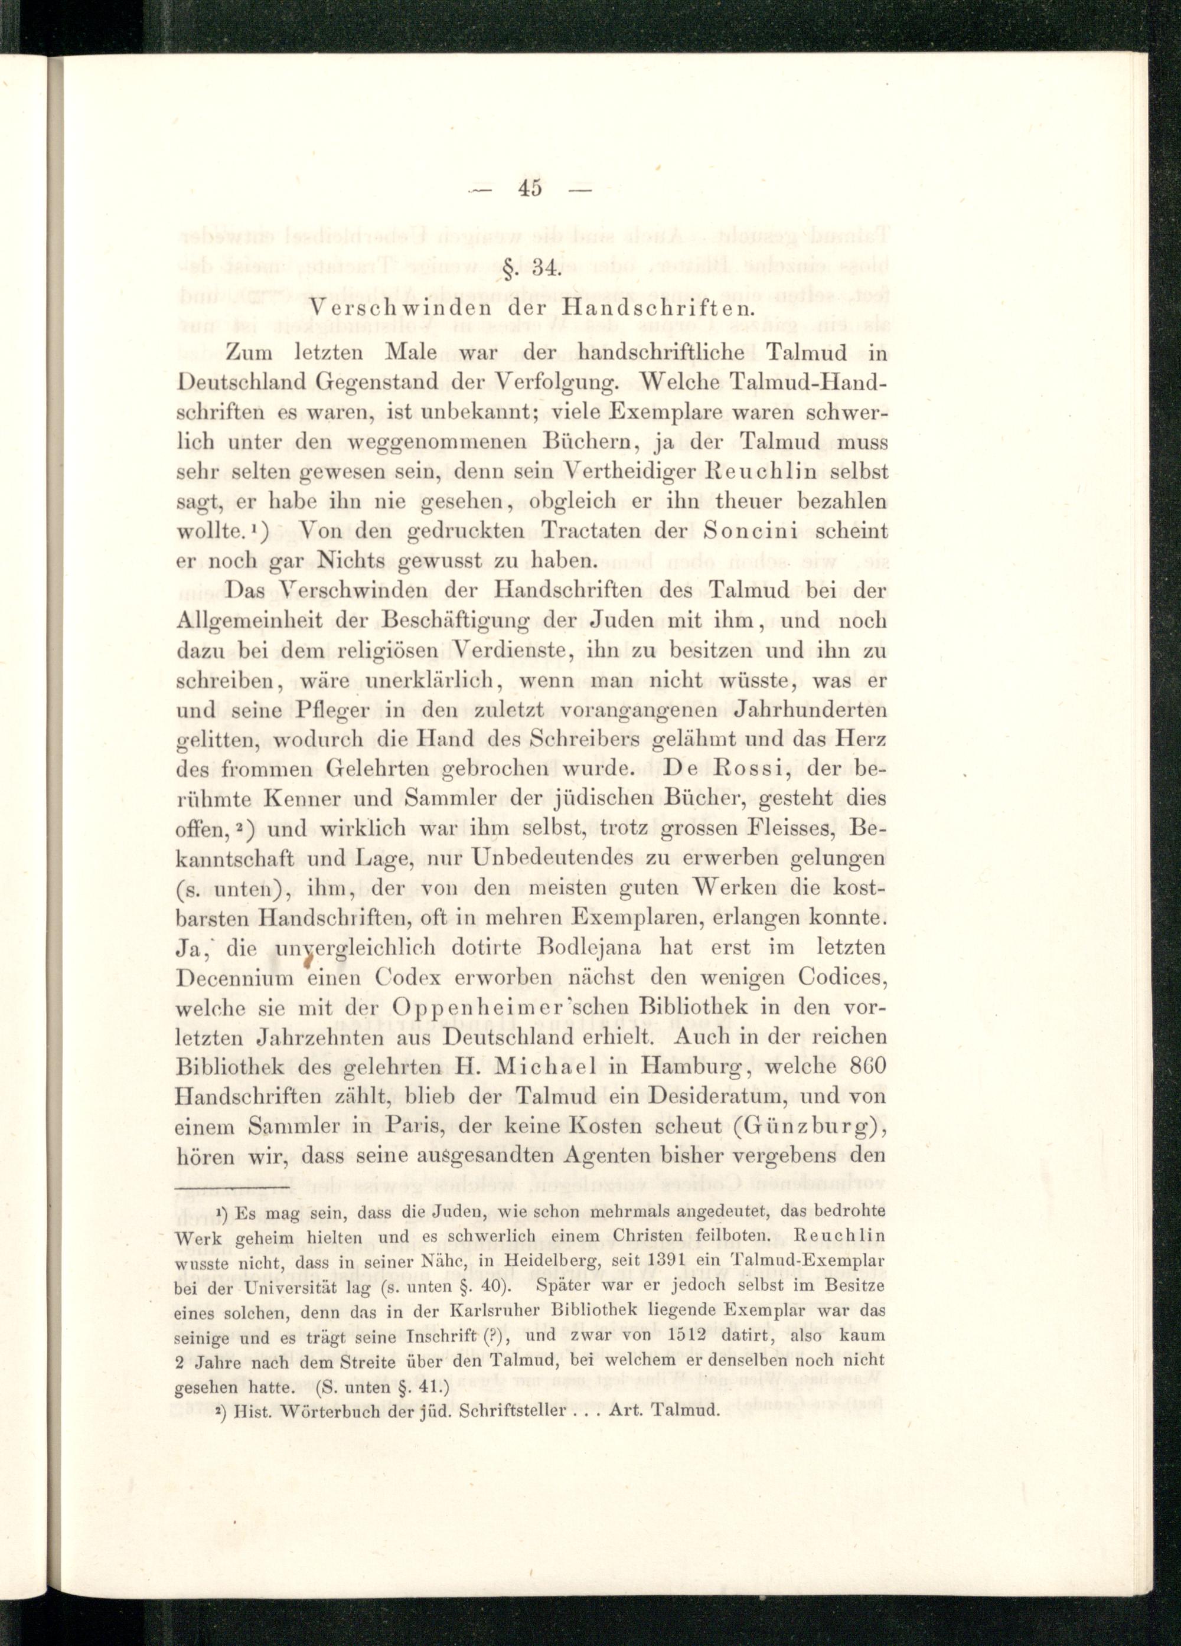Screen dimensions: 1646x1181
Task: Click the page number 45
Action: [531, 188]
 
